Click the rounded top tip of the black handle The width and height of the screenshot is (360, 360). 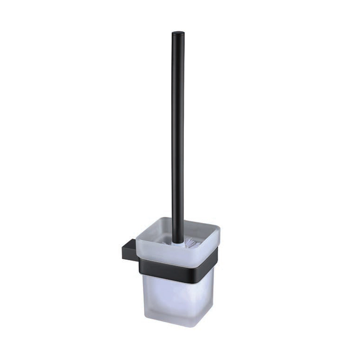pyautogui.click(x=177, y=33)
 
